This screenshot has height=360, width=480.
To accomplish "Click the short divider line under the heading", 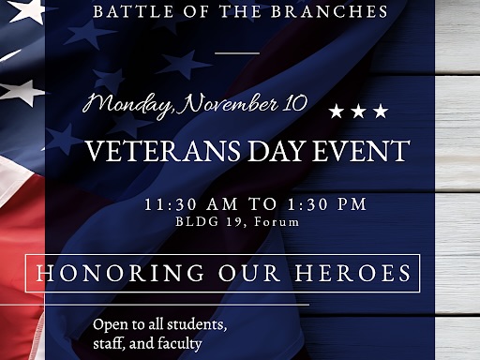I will coord(237,52).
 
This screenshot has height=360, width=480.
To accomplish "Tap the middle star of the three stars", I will coord(358,112).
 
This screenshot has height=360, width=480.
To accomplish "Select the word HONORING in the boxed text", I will coord(112,274).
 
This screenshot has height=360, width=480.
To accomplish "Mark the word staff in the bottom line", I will coord(108,344).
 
